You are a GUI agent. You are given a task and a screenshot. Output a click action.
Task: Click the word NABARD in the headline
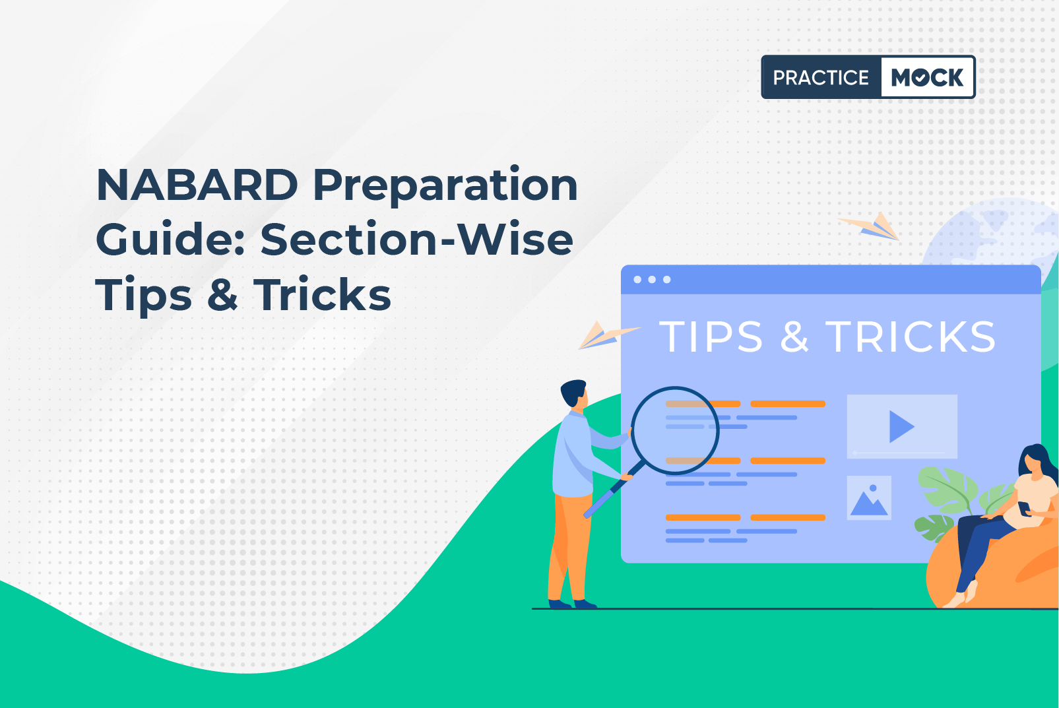click(197, 185)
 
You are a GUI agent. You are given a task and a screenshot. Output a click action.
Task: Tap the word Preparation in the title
click(445, 187)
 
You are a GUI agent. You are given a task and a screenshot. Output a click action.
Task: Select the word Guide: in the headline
click(170, 240)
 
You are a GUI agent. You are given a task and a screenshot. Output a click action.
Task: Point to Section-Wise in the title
click(416, 239)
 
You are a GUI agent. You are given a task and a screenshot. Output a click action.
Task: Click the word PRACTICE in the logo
click(821, 77)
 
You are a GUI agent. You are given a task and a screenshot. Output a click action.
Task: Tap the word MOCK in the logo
click(927, 77)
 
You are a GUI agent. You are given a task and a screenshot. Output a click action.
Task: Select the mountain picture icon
click(869, 498)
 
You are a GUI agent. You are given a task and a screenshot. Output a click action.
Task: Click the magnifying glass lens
click(675, 431)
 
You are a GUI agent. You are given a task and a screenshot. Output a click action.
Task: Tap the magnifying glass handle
click(613, 491)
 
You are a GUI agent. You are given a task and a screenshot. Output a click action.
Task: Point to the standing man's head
click(574, 393)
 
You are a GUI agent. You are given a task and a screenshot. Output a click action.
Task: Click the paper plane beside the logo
click(869, 227)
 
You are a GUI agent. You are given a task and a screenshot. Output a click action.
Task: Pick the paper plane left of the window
click(608, 335)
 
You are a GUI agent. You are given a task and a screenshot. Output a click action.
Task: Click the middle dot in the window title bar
click(652, 280)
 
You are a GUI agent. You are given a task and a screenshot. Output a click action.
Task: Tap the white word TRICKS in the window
click(911, 337)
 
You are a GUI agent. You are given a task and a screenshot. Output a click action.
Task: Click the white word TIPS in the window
click(711, 337)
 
